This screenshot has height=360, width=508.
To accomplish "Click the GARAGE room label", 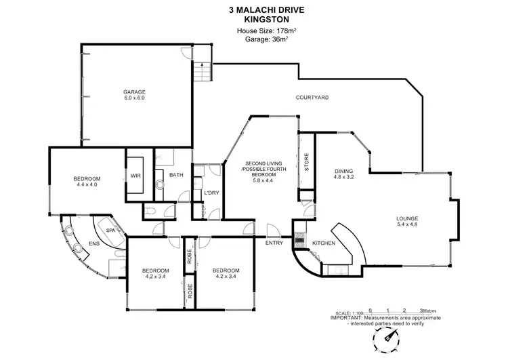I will pos(134,92).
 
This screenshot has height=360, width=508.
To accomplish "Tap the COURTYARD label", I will pos(312,98).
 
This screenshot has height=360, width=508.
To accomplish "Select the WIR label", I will pos(135,176).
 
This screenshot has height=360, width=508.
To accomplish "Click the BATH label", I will pos(176,176).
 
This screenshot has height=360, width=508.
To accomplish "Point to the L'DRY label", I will pos(211,193).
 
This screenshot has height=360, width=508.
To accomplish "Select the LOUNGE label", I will pos(408,218).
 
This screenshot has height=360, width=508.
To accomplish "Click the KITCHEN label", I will pos(323,243).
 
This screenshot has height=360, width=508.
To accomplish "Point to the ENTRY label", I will pos(274,243).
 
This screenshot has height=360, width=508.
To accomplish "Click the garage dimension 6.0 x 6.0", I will pos(134,98).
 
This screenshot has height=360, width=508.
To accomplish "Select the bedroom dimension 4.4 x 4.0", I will pos(87,184).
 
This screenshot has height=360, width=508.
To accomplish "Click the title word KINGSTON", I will pos(254,20).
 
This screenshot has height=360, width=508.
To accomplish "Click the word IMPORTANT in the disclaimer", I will pos(346,317).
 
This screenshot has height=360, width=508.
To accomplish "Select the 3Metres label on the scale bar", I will pos(428,310).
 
